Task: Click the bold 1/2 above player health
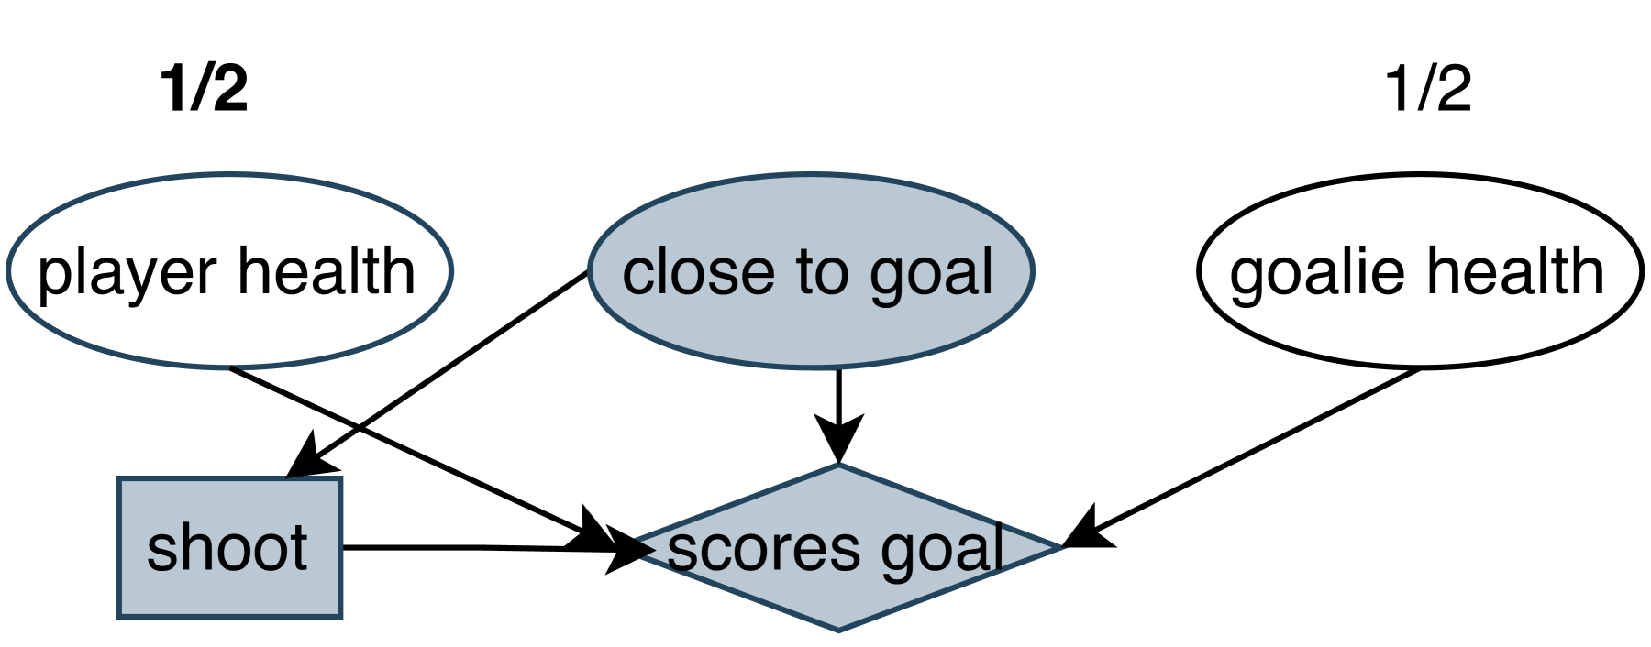(204, 89)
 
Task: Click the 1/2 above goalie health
(1427, 89)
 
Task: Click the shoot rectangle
(229, 587)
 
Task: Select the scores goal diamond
(838, 596)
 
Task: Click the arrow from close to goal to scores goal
(838, 394)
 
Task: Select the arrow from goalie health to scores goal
(1257, 449)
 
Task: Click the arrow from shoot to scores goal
(459, 547)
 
